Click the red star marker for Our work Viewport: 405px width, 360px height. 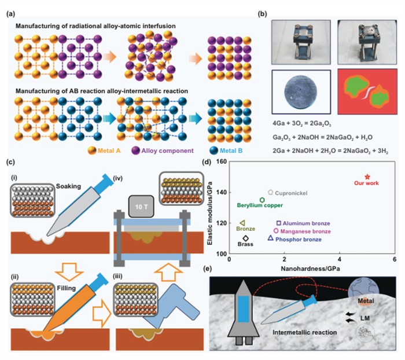tap(367, 177)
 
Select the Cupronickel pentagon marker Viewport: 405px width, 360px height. tap(270, 192)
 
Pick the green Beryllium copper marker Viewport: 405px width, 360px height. tap(262, 200)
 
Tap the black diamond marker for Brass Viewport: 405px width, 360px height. tap(245, 238)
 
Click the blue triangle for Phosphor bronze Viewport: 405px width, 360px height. tap(270, 238)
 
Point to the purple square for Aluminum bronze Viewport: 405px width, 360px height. tap(278, 223)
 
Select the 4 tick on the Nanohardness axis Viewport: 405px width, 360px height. tap(340, 259)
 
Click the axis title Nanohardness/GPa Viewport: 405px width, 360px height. tap(310, 269)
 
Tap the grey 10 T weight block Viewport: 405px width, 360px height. tap(141, 206)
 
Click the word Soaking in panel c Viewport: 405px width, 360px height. tap(68, 186)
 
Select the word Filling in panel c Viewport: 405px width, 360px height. tap(67, 288)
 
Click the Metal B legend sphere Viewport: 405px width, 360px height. tap(213, 150)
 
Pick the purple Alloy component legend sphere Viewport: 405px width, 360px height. tap(135, 150)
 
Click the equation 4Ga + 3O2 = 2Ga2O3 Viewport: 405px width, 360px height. tap(301, 123)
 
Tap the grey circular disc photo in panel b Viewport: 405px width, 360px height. tap(301, 92)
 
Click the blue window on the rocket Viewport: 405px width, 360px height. tap(243, 309)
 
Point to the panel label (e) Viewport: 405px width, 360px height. tap(207, 269)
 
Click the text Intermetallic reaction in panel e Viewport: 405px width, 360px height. tap(304, 332)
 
